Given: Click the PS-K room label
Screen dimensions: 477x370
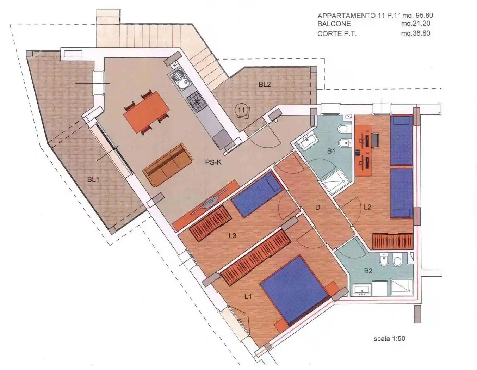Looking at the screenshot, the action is pyautogui.click(x=213, y=162).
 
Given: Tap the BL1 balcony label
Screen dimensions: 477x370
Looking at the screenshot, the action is pyautogui.click(x=93, y=179).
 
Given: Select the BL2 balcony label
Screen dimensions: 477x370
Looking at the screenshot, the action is pyautogui.click(x=265, y=85).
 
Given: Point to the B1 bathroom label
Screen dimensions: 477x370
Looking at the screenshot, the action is pyautogui.click(x=331, y=151).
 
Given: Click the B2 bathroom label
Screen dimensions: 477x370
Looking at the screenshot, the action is pyautogui.click(x=368, y=271).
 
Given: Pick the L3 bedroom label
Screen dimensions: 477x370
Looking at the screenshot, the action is pyautogui.click(x=232, y=236).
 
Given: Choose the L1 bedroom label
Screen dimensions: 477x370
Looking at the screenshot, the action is pyautogui.click(x=248, y=297).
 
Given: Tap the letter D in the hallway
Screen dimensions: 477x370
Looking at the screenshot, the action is pyautogui.click(x=317, y=208).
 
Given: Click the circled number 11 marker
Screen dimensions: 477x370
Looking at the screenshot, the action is pyautogui.click(x=241, y=110).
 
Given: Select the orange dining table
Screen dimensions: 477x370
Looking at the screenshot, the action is pyautogui.click(x=147, y=112).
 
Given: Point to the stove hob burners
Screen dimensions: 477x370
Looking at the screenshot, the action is pyautogui.click(x=197, y=102).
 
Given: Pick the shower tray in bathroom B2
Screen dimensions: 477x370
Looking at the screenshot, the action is pyautogui.click(x=402, y=287).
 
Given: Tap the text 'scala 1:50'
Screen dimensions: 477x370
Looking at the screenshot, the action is pyautogui.click(x=389, y=338).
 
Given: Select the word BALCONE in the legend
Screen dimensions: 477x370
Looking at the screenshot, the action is pyautogui.click(x=334, y=24).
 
